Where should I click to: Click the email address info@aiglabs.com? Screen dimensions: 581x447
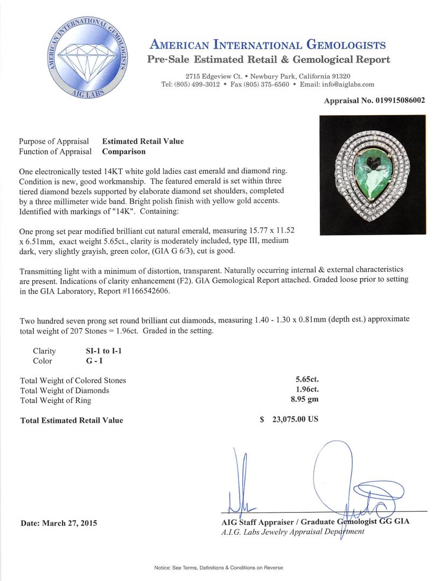[345, 84]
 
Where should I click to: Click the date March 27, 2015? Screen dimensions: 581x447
[59, 523]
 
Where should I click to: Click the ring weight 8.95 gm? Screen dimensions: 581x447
[304, 400]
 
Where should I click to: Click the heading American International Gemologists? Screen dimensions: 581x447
[268, 45]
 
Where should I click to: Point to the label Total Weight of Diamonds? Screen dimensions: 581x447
[65, 390]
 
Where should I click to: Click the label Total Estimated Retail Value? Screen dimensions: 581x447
[72, 420]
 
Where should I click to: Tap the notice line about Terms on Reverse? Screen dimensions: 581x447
[218, 568]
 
